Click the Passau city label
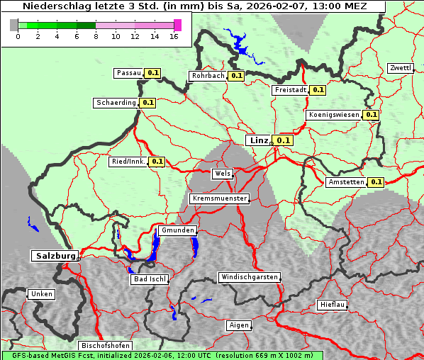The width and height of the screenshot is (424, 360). tap(129, 73)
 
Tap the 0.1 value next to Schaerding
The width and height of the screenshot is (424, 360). tap(147, 103)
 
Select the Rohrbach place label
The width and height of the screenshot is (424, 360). tap(208, 76)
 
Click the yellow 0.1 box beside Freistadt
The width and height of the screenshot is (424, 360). tap(318, 90)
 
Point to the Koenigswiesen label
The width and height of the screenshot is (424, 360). tap(333, 115)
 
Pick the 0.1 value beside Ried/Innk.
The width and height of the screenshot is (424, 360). tap(157, 162)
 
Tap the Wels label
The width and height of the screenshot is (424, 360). tap(222, 174)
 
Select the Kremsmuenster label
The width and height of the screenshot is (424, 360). tap(219, 199)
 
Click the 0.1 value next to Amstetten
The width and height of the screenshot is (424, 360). tap(376, 182)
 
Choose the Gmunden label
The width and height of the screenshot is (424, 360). tap(177, 231)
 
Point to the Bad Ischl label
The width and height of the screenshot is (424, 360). tap(150, 279)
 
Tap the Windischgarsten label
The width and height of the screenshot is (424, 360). tap(249, 277)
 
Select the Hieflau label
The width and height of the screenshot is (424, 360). tap(333, 305)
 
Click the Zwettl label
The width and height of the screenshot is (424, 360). tap(400, 68)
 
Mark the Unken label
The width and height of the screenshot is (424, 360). tap(41, 294)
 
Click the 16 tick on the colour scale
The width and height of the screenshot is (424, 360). tap(173, 37)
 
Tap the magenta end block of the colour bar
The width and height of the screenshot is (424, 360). tap(177, 25)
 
